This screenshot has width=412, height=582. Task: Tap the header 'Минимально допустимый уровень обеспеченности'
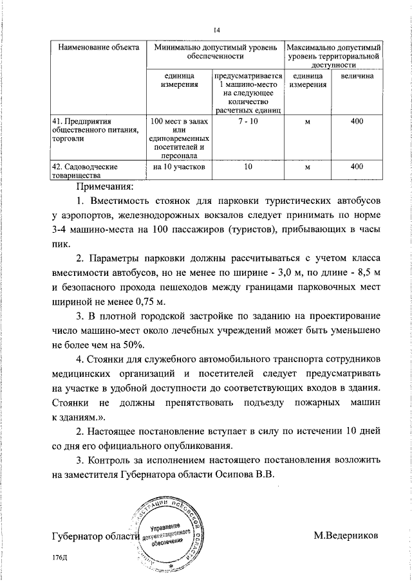(x=213, y=53)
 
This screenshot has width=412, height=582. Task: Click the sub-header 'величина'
(x=357, y=77)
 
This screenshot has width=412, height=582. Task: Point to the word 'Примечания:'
(x=104, y=187)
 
